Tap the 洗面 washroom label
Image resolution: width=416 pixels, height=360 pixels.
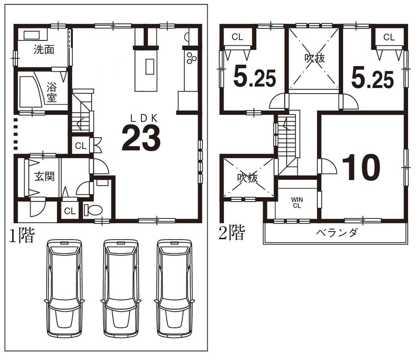tap(44, 50)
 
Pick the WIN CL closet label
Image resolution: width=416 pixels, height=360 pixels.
tap(297, 202)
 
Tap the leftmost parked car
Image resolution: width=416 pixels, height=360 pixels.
tap(64, 288)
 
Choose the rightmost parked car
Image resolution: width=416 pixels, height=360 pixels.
tap(174, 288)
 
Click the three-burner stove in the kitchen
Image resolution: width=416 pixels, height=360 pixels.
tap(191, 58)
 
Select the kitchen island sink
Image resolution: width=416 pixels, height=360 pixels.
tap(149, 67)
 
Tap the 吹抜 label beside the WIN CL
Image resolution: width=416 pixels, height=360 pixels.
tap(248, 178)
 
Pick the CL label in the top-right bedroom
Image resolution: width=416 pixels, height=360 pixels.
tap(389, 37)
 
